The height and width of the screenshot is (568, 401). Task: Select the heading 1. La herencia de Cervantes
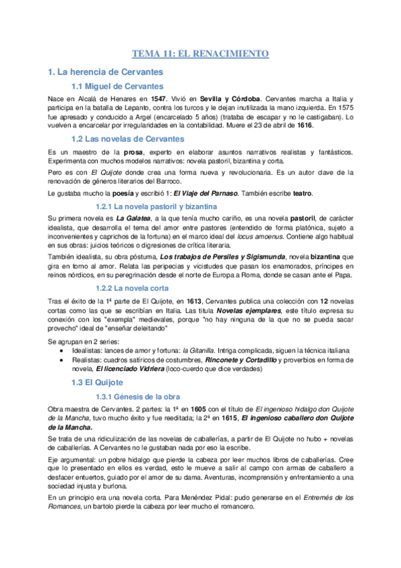click(x=106, y=71)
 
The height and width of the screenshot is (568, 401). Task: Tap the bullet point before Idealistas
click(x=62, y=350)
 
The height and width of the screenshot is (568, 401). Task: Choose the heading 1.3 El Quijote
click(x=98, y=382)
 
